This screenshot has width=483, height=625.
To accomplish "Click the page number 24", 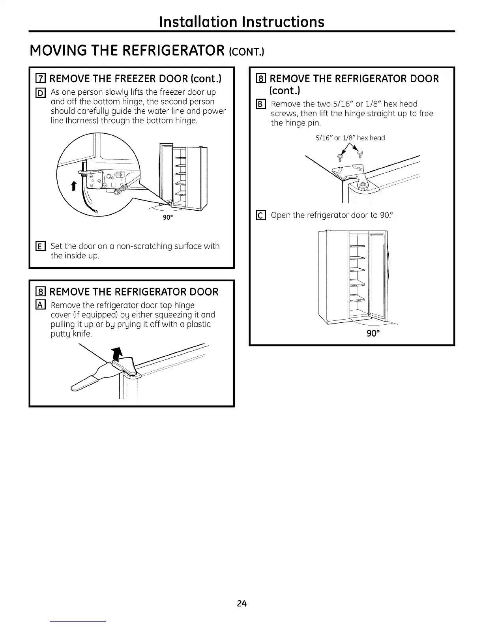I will point(241,603).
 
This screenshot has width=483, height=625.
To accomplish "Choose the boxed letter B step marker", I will point(260,105).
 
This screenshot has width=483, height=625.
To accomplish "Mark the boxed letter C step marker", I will point(260,215).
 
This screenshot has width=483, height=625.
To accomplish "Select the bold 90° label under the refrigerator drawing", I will point(373,333).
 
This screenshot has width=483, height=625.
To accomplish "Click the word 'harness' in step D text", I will point(73,121).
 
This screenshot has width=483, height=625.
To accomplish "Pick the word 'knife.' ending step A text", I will point(82,334).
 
